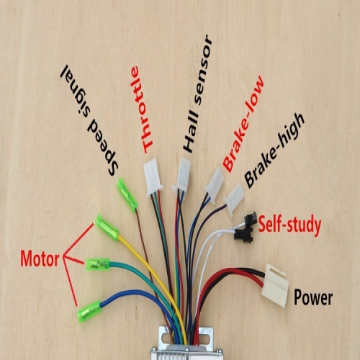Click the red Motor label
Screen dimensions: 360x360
pos(40,258)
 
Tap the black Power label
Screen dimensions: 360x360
pos(313,297)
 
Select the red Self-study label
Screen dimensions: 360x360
pos(289,225)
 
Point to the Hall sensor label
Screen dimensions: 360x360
pos(197,94)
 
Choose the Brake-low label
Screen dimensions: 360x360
pos(243,124)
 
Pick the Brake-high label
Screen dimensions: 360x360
pos(274,150)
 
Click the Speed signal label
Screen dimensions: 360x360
pos(89,120)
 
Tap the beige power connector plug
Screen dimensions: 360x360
pos(276,286)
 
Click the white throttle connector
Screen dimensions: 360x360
pos(153,178)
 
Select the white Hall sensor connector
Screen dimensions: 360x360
pos(182,175)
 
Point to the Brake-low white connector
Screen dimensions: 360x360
pos(215,185)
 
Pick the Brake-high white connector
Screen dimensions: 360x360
pos(233,199)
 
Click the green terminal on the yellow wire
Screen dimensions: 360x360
pos(107,228)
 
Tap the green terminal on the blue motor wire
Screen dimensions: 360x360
pos(89,311)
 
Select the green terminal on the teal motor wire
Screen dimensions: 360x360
pos(98,264)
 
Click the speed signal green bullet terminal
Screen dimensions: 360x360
pos(127,194)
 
